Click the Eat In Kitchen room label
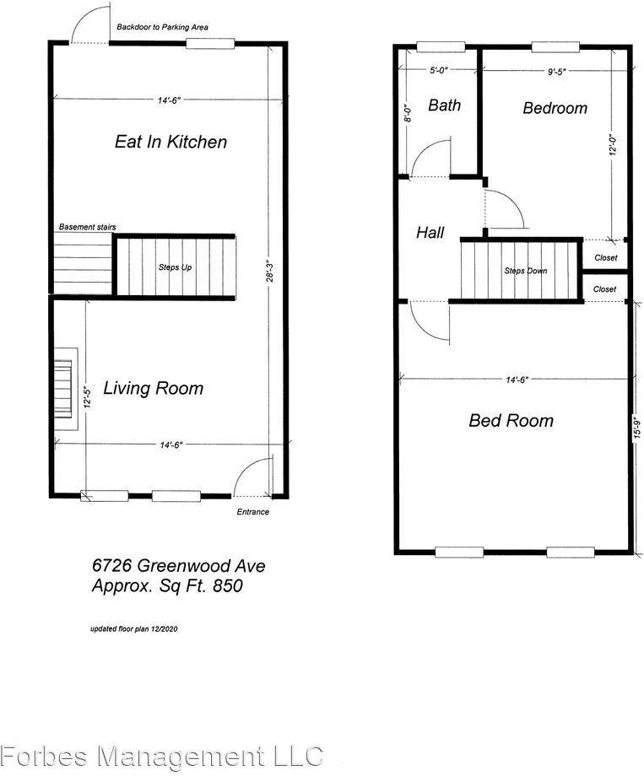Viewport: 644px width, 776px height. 170,142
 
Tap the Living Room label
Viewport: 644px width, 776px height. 153,388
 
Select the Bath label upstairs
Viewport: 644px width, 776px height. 444,105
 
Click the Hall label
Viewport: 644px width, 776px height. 430,233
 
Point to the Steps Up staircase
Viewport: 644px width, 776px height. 175,267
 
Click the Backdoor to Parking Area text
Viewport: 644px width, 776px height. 163,27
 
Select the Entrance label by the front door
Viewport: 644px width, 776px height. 252,512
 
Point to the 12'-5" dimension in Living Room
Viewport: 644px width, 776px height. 87,397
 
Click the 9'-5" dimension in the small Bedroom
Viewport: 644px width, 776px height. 556,73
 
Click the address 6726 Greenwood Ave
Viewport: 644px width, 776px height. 178,566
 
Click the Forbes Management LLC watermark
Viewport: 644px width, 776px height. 161,755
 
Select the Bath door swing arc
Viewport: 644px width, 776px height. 440,157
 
